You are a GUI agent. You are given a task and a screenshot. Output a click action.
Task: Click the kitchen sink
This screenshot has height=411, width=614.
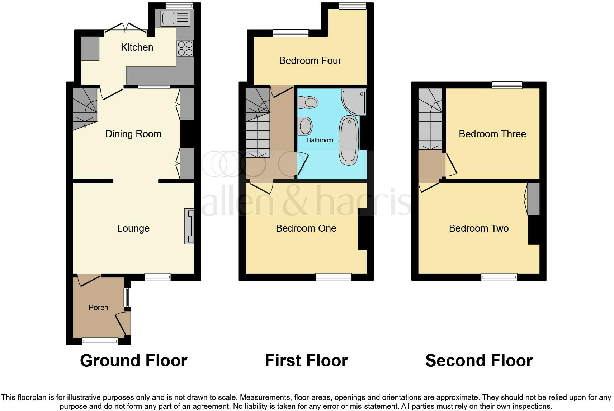pyautogui.click(x=175, y=19)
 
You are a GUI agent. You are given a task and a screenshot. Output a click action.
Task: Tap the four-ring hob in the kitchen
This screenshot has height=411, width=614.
pyautogui.click(x=185, y=48)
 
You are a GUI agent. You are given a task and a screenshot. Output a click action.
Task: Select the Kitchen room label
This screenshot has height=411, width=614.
pyautogui.click(x=137, y=47)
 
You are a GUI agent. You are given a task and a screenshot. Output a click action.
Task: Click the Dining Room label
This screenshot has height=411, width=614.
pyautogui.click(x=133, y=134)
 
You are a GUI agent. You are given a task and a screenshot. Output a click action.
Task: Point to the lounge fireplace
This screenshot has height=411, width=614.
pyautogui.click(x=189, y=226)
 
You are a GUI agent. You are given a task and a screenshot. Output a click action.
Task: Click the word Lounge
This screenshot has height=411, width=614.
pyautogui.click(x=133, y=228)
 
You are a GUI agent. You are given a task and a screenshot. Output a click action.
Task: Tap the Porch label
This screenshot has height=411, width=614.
pyautogui.click(x=98, y=308)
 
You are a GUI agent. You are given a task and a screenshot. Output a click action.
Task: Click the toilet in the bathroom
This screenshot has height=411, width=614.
pyautogui.click(x=308, y=102)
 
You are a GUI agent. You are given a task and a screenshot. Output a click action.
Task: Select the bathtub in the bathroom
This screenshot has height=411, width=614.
pyautogui.click(x=349, y=140)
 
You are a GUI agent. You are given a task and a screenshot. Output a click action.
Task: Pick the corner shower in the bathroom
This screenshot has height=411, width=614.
pyautogui.click(x=354, y=101)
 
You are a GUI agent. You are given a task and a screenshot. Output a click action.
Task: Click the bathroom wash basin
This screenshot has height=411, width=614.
pyautogui.click(x=306, y=126)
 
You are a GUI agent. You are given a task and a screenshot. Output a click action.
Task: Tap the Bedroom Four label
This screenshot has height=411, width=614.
pyautogui.click(x=310, y=61)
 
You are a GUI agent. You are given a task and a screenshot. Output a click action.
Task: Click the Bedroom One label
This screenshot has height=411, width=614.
pyautogui.click(x=306, y=228)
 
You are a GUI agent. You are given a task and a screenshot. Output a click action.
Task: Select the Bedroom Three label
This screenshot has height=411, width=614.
pyautogui.click(x=492, y=134)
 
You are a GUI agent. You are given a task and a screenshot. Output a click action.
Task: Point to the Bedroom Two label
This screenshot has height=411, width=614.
pyautogui.click(x=479, y=228)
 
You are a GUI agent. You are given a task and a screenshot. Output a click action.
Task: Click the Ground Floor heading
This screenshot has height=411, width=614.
pyautogui.click(x=133, y=361)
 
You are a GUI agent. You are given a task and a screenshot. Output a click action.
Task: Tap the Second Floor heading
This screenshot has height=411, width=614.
pyautogui.click(x=479, y=361)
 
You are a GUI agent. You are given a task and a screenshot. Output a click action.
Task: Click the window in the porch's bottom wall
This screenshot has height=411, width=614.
pyautogui.click(x=100, y=341)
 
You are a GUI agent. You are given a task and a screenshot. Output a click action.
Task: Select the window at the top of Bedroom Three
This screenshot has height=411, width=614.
pyautogui.click(x=507, y=85)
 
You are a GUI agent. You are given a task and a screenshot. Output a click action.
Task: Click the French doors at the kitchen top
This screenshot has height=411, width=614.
pyautogui.click(x=126, y=29)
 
